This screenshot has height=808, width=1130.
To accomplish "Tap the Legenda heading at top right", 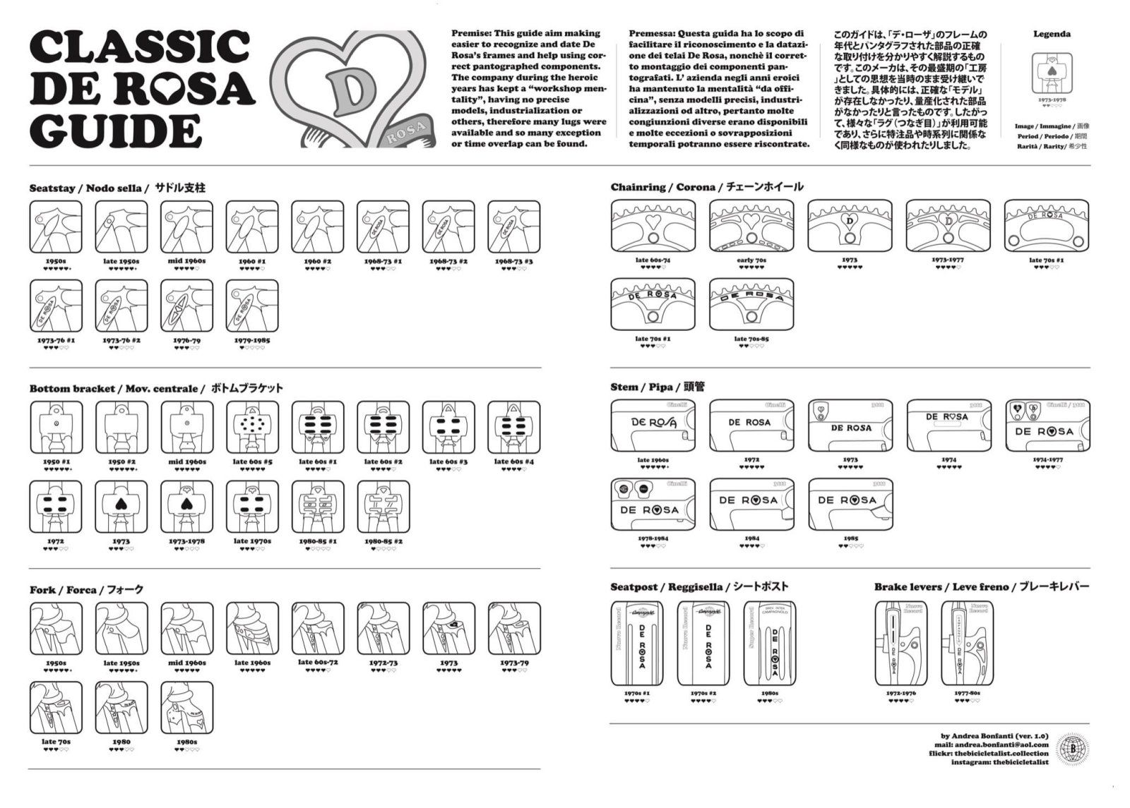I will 1052,34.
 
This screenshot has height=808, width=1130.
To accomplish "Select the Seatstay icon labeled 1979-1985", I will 252,306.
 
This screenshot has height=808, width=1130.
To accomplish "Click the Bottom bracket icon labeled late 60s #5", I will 252,428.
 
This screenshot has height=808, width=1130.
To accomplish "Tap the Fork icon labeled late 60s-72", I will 318,629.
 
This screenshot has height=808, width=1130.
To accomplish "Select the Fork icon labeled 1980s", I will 186,708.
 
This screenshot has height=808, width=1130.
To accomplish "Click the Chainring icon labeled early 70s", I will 751,226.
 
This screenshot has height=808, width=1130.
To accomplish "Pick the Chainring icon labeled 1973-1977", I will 948,226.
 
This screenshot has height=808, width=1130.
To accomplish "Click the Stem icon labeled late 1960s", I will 653,426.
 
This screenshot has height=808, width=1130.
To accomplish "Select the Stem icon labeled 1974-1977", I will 1047,426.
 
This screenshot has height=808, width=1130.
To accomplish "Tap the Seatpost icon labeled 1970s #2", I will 703,644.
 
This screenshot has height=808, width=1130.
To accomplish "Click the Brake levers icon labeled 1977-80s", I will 968,644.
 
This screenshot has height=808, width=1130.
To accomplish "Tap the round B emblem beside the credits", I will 1072,749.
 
